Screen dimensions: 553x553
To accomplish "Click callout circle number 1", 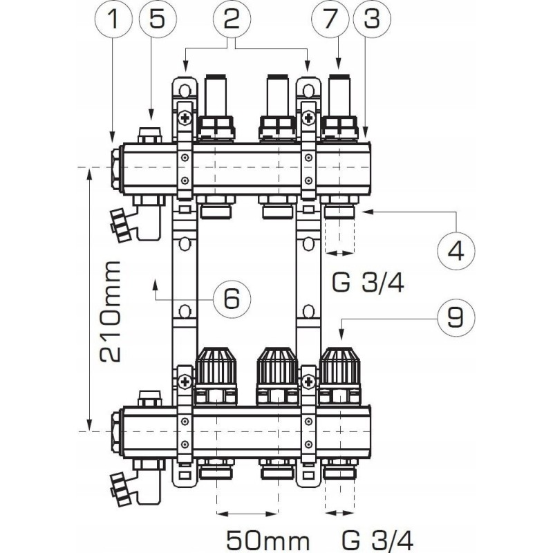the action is click(113, 19).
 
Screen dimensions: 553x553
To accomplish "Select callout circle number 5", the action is click(158, 19).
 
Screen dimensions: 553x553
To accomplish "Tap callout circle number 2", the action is click(232, 19).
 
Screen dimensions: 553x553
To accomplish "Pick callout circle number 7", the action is click(330, 19).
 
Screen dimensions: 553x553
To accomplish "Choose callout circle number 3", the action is click(371, 19).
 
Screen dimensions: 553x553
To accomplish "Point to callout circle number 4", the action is click(456, 251).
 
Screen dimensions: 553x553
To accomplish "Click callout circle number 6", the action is click(232, 299).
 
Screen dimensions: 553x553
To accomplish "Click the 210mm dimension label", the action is click(111, 311).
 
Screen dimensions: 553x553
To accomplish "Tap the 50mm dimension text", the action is click(268, 541).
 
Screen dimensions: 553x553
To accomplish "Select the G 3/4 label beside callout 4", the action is click(368, 283).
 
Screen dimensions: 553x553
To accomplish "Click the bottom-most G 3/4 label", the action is click(377, 541).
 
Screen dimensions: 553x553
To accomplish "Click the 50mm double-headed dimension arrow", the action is click(247, 514).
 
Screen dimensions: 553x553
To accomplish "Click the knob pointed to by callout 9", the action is click(340, 366).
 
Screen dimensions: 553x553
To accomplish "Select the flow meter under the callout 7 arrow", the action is click(340, 108).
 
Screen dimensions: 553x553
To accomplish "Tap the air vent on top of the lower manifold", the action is click(151, 398).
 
